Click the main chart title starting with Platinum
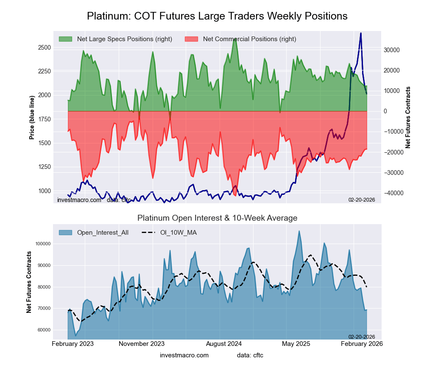coord(217,16)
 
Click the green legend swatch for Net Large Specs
coord(66,39)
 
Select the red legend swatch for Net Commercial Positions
coord(192,39)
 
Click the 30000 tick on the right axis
coord(392,50)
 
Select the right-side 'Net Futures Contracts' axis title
coord(408,117)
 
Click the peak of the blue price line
coord(361,33)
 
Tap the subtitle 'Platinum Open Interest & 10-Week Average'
coord(217,218)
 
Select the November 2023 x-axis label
coord(142,343)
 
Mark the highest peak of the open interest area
coord(299,231)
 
